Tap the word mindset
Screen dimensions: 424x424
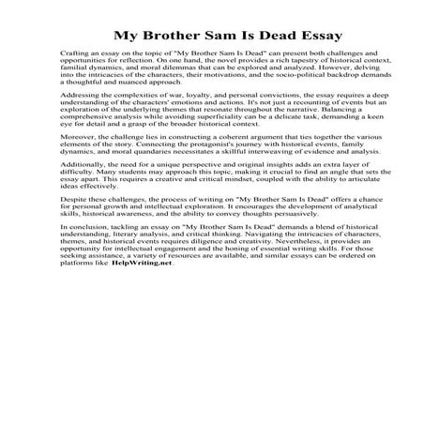(208, 234)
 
